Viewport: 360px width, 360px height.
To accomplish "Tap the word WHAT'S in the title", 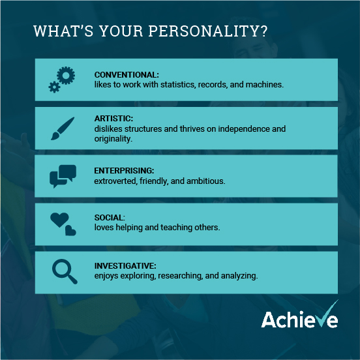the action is (x=63, y=31).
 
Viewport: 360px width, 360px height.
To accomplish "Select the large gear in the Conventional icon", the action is (x=66, y=75).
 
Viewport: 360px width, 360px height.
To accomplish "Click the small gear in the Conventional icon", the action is (x=54, y=87).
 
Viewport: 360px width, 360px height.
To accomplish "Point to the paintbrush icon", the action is (x=63, y=128).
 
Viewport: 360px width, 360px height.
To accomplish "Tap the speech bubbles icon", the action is (x=63, y=176).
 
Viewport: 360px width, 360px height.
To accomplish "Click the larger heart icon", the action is (x=59, y=220).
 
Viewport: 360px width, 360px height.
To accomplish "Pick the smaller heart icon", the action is (x=70, y=230).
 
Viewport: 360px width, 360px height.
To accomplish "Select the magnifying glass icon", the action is (x=65, y=271).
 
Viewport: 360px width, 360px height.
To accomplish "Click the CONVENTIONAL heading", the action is (x=127, y=75).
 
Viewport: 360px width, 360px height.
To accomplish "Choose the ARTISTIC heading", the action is (x=113, y=119).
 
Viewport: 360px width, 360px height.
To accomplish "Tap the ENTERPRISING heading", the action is (x=124, y=171).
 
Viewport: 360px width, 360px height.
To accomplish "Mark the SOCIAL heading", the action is (x=110, y=218).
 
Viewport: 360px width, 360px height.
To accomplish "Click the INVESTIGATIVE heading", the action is (x=125, y=266).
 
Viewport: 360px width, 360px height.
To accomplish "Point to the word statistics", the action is (x=178, y=85).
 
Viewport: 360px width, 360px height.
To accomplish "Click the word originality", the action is (x=113, y=139).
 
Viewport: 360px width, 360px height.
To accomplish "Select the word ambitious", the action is (x=205, y=181).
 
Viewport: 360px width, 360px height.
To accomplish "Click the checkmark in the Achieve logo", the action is (x=328, y=314).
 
